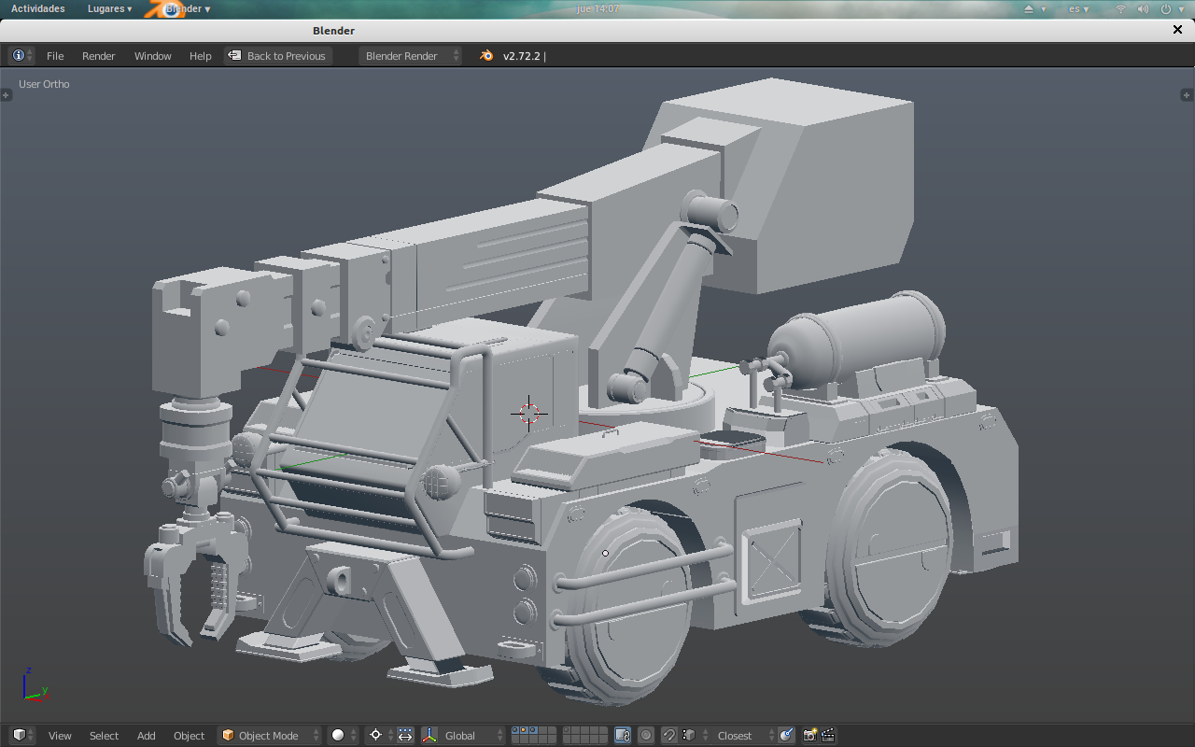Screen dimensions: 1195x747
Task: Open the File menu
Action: point(55,56)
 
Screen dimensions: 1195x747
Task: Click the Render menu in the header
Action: point(98,56)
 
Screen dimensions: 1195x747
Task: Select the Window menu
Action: point(152,56)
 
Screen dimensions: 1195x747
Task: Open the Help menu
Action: point(200,56)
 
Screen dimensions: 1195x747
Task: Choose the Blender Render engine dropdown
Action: point(410,56)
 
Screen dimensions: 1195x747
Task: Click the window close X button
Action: point(1177,30)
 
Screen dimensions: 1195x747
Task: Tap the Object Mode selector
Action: point(269,735)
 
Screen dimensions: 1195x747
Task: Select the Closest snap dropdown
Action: point(741,735)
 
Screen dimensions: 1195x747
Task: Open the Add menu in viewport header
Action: point(147,735)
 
